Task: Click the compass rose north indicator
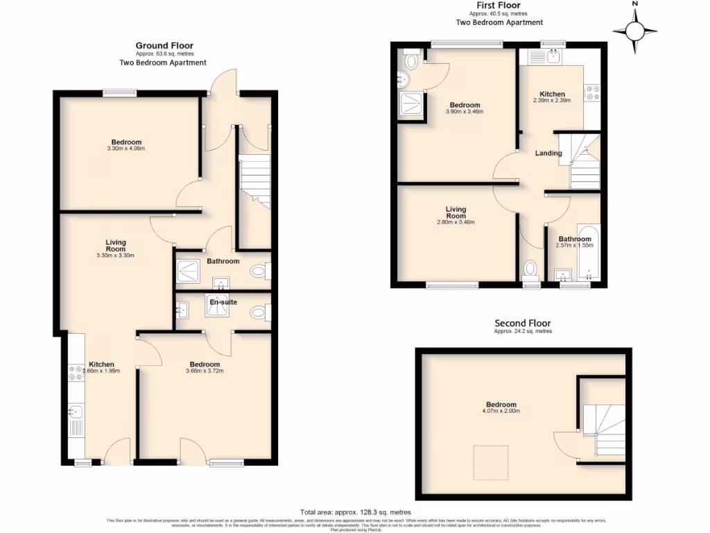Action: [634, 29]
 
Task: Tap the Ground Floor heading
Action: [164, 46]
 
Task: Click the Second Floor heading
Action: [522, 323]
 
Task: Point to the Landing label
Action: [548, 153]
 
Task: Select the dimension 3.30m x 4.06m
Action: [126, 149]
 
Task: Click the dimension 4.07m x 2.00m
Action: [501, 412]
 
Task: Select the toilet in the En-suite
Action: [259, 314]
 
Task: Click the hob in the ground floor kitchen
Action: [74, 373]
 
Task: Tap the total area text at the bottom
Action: [355, 512]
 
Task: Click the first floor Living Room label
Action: [456, 212]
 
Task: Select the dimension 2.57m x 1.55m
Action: [575, 245]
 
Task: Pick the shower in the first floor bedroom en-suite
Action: [408, 106]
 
